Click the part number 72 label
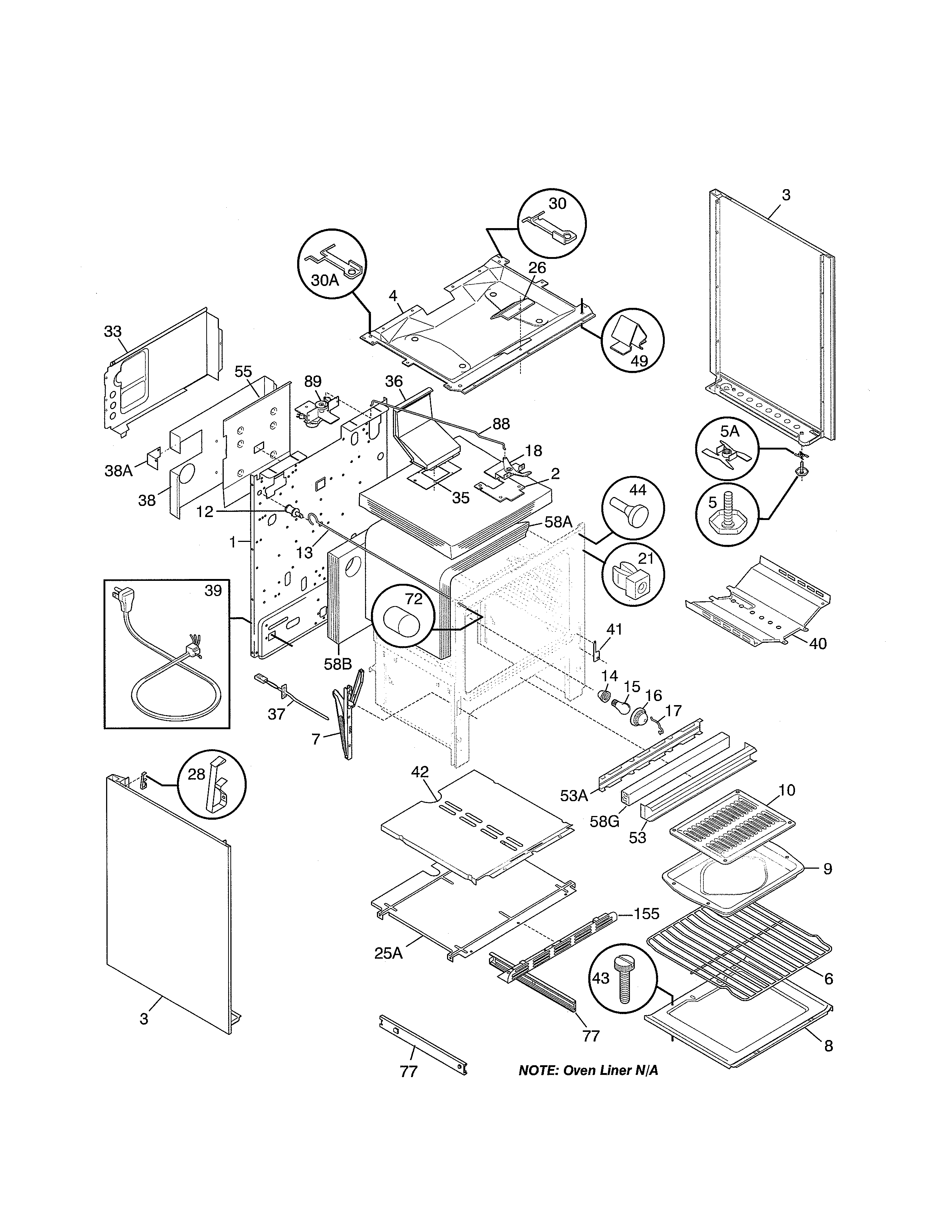(414, 599)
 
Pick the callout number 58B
(338, 664)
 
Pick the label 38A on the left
(119, 470)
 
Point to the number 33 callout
(113, 331)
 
